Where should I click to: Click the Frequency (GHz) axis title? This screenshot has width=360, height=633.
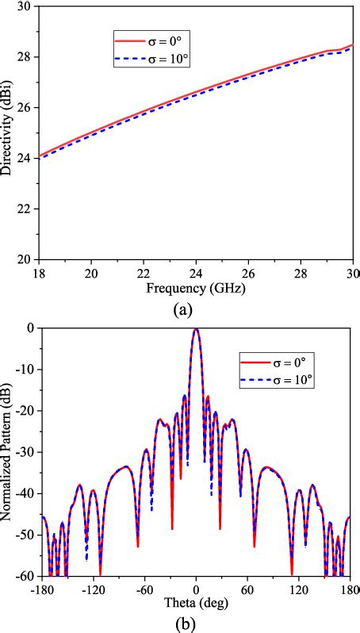coord(196,288)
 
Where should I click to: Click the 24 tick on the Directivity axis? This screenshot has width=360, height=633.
coord(29,158)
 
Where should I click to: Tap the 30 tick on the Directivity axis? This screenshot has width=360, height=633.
coord(29,6)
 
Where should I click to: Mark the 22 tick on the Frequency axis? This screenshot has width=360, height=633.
coord(144,273)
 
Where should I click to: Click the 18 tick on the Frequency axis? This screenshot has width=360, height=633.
coord(40,273)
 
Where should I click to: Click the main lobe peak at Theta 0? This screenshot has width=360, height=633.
coord(196,329)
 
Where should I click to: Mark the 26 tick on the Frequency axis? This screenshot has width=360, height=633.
coord(248,273)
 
